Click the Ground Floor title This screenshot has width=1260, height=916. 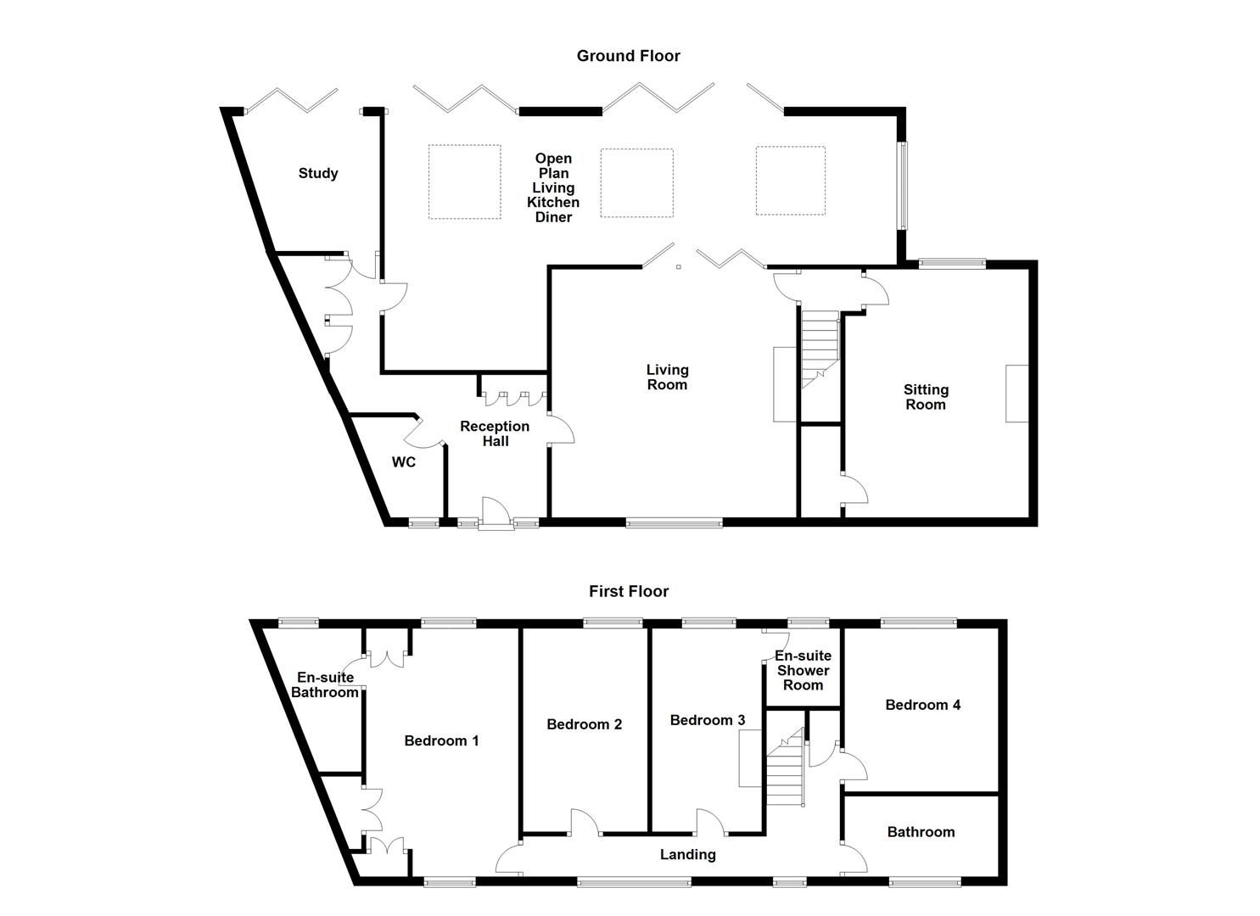pyautogui.click(x=628, y=56)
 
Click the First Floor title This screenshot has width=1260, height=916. pyautogui.click(x=629, y=591)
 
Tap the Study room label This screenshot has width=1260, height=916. pyautogui.click(x=318, y=173)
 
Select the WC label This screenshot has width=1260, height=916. pyautogui.click(x=404, y=462)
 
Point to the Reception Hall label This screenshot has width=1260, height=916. pyautogui.click(x=495, y=433)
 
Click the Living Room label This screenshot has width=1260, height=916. pyautogui.click(x=667, y=377)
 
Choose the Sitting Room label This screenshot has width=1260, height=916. pyautogui.click(x=925, y=397)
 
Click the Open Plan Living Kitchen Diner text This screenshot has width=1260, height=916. pyautogui.click(x=553, y=187)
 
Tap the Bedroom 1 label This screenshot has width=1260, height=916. pyautogui.click(x=441, y=740)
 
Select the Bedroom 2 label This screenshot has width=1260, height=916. pyautogui.click(x=584, y=724)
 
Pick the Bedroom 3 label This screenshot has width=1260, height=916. pyautogui.click(x=708, y=720)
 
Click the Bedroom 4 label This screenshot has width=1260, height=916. pyautogui.click(x=922, y=705)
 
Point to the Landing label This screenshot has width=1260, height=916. pyautogui.click(x=687, y=854)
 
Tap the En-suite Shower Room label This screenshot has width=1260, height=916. pyautogui.click(x=803, y=670)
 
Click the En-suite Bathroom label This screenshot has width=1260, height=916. pyautogui.click(x=325, y=684)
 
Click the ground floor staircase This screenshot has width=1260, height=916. pyautogui.click(x=820, y=348)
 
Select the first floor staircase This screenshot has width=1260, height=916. pyautogui.click(x=785, y=768)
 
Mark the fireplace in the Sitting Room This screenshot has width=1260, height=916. pyautogui.click(x=1016, y=393)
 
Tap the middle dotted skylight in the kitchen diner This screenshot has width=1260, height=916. pyautogui.click(x=636, y=183)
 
